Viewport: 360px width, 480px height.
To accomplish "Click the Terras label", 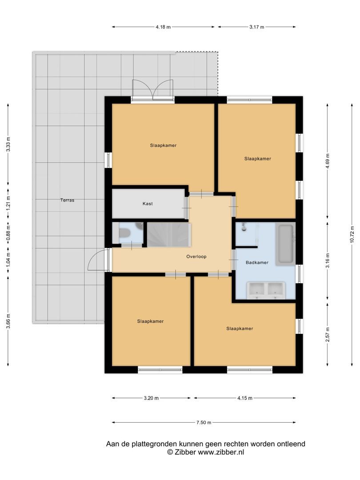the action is click(x=68, y=200).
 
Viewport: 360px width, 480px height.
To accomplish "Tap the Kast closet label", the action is click(x=148, y=204).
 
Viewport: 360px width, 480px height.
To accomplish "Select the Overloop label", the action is click(x=196, y=256).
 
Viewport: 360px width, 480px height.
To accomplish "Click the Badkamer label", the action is click(x=257, y=262).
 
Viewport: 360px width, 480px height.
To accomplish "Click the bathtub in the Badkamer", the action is click(x=285, y=244).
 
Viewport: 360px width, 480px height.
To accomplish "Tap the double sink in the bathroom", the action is click(x=267, y=290).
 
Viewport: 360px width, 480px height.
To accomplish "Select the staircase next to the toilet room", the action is click(x=169, y=235).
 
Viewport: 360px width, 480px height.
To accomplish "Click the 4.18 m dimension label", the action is click(x=163, y=27).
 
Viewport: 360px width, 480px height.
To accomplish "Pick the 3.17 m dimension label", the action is click(x=256, y=27).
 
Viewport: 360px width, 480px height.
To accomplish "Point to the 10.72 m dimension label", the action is click(x=352, y=235).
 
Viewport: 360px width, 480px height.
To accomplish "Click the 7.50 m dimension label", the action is click(x=204, y=423).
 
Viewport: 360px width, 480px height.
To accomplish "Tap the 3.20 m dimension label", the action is click(x=151, y=398).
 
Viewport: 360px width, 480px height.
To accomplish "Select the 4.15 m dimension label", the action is click(x=245, y=398).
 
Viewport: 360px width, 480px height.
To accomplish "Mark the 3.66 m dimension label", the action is click(x=8, y=321).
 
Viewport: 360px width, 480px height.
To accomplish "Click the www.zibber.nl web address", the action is click(x=221, y=452).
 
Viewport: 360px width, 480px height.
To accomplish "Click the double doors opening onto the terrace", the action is click(x=153, y=90).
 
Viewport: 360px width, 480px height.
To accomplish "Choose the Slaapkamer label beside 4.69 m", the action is click(x=257, y=159).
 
